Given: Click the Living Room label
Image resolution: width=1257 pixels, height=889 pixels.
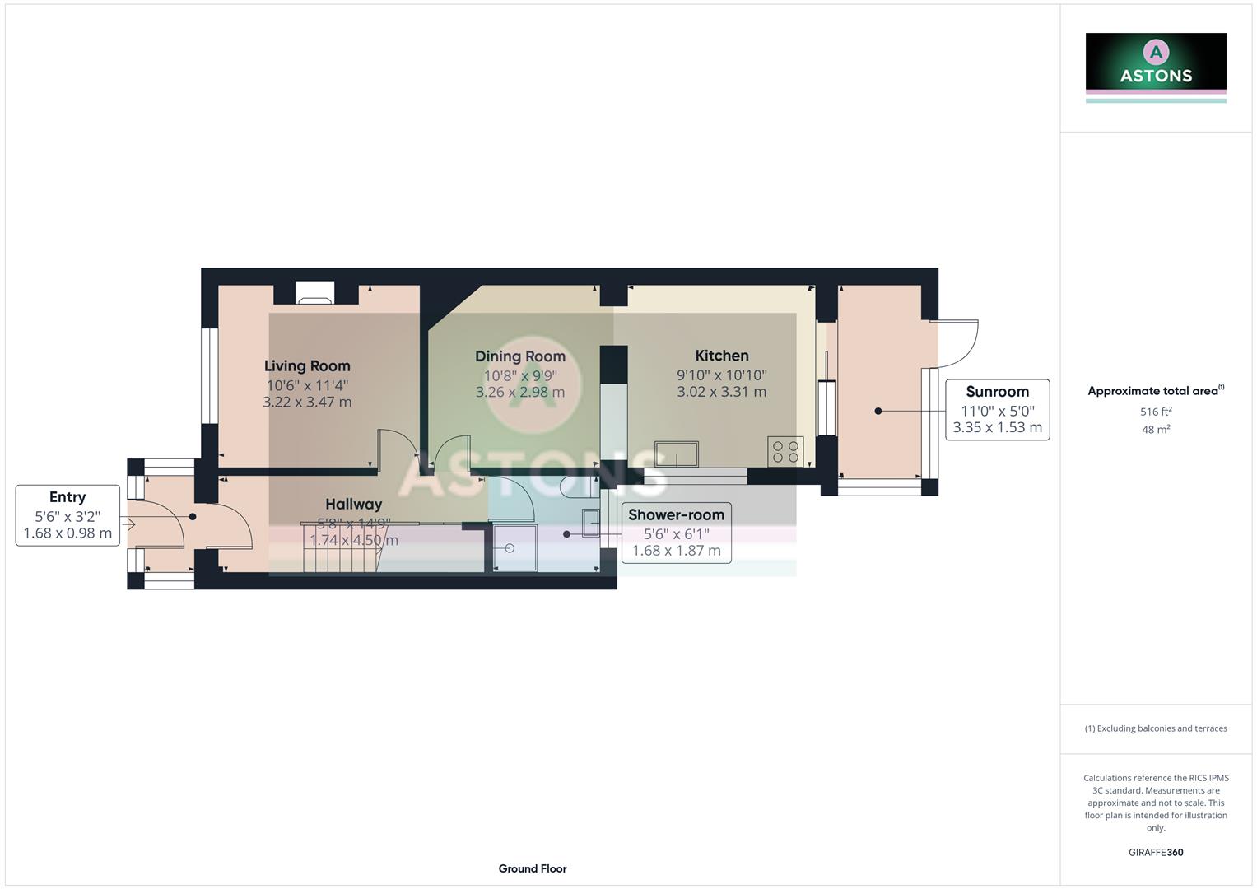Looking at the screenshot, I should (307, 366).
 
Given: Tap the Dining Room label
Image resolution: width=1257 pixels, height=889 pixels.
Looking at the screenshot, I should (520, 356).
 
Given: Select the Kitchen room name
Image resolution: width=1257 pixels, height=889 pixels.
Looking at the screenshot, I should (722, 356).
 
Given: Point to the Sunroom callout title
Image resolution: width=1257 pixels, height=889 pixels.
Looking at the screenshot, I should (997, 392).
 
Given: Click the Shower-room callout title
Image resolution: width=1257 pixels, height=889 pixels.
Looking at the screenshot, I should (676, 514).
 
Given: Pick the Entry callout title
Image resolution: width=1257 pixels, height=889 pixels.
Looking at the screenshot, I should (68, 497).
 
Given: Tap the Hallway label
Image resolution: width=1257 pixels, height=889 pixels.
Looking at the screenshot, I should (353, 505).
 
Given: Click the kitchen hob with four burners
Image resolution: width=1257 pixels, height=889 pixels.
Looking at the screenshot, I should (785, 452).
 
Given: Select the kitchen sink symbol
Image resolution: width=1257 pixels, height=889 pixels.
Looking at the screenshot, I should (676, 454).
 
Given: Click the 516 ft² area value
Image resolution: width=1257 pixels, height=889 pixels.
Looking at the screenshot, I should (1156, 412).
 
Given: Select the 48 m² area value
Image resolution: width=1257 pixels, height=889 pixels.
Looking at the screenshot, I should (1156, 430).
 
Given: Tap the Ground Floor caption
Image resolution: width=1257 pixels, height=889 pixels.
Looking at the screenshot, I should (533, 868).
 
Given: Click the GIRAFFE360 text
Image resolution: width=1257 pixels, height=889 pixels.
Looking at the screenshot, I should (1156, 853).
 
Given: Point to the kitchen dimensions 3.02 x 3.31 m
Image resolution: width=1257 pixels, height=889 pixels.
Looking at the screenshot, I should (722, 393).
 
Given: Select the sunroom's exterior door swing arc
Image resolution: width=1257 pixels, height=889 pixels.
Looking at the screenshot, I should (960, 344).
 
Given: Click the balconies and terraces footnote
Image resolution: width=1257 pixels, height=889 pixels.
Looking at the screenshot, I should (1156, 728).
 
